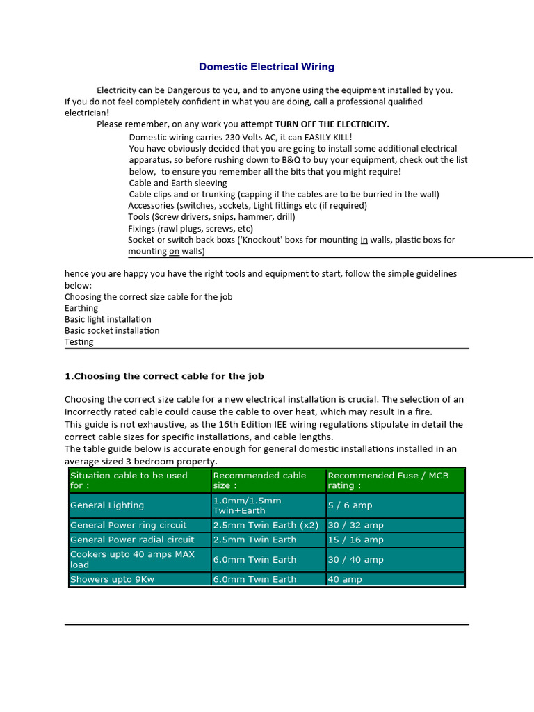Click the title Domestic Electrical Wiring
click(266, 67)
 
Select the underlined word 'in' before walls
click(364, 240)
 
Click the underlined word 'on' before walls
click(175, 251)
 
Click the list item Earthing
click(81, 308)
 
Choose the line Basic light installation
click(108, 319)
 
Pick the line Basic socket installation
click(112, 330)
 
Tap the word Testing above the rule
click(79, 341)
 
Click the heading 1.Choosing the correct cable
click(164, 376)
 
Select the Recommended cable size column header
click(259, 480)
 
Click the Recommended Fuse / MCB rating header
click(388, 480)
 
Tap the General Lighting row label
click(107, 505)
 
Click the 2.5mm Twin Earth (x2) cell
click(266, 525)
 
